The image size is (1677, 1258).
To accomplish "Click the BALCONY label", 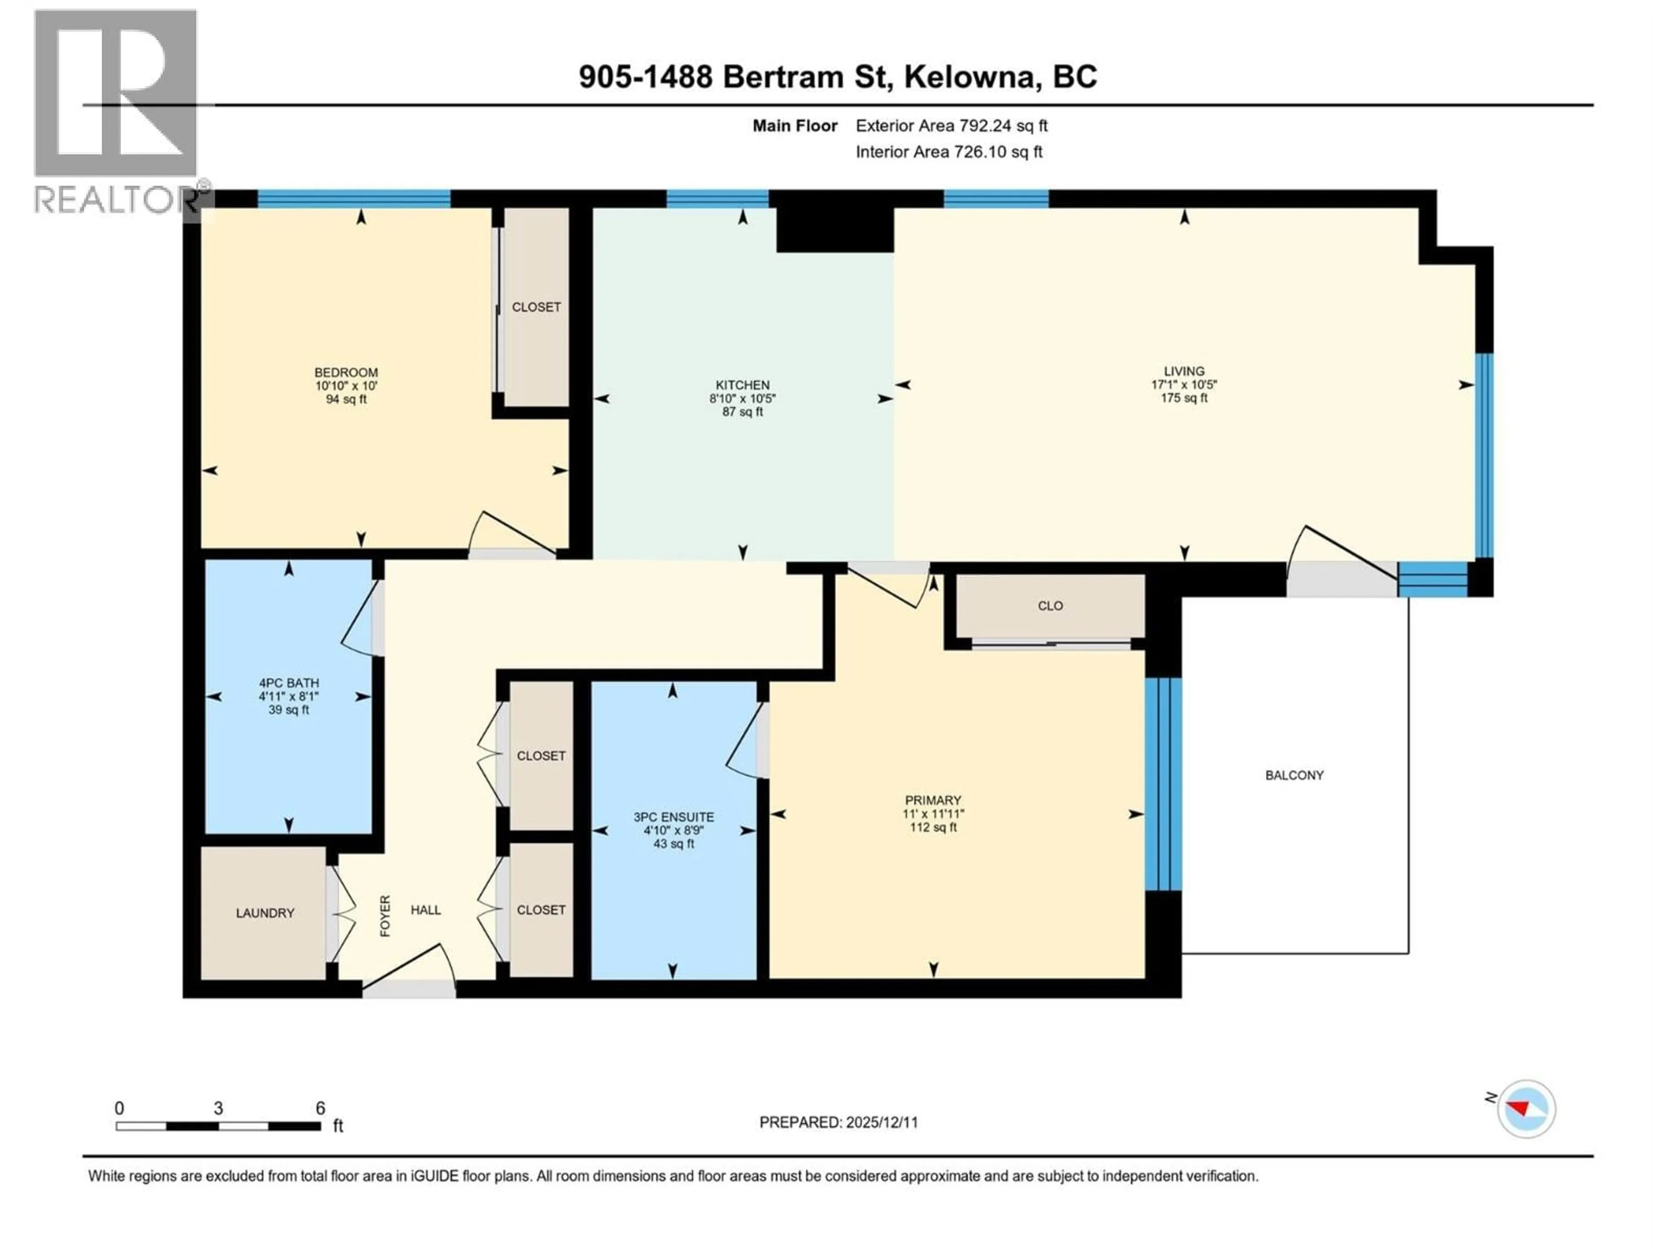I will pos(1294,775).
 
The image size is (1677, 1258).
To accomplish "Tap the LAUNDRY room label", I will pos(265,913).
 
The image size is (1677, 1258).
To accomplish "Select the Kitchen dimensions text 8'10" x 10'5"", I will pos(742,398).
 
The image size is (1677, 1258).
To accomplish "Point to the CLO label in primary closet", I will pos(1050,606).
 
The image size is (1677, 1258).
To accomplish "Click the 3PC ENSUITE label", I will pos(673,817).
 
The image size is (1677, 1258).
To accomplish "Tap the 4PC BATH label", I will pos(288,682).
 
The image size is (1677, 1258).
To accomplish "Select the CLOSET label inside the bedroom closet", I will pos(536,307).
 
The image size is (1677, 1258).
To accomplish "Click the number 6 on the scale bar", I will pos(320,1108).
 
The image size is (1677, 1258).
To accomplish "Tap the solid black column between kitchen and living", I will pos(834,229).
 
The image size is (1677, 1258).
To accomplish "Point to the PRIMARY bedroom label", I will pos(932,800).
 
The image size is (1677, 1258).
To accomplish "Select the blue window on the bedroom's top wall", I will pos(354,199).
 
